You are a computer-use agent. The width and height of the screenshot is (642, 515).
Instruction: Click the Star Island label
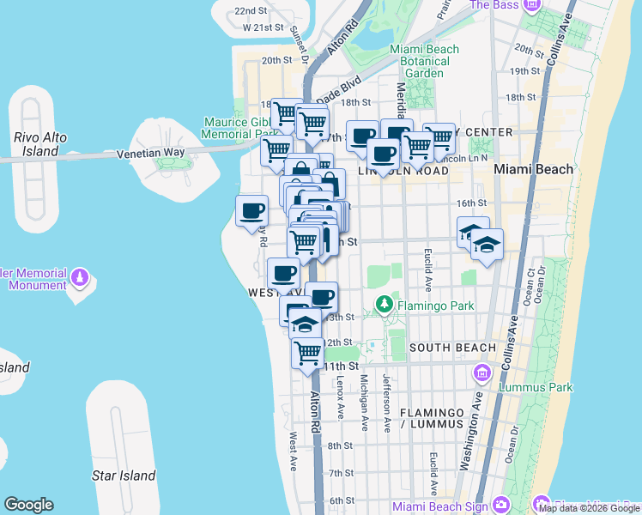[124, 476]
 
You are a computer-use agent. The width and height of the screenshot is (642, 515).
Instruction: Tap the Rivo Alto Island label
[35, 144]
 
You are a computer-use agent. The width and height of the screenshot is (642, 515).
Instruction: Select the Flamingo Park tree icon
[384, 306]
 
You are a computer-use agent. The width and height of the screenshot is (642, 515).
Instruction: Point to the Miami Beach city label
[534, 169]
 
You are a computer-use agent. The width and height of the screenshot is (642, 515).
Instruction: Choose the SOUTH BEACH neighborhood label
[452, 348]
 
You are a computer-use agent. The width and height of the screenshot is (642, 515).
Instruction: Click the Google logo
[28, 505]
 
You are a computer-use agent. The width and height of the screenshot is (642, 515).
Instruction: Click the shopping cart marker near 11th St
[307, 352]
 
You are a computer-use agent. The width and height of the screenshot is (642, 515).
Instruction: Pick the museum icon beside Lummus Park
[481, 373]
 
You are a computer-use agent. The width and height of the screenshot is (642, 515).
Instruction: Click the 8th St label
[341, 445]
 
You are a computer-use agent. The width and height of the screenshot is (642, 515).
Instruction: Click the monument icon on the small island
[80, 277]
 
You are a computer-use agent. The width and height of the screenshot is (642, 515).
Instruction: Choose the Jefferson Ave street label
[388, 400]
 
